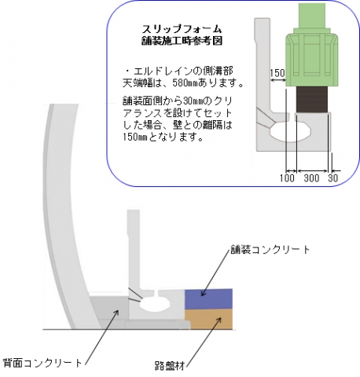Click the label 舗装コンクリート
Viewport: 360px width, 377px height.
(x=270, y=249)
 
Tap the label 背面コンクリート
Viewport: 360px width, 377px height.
(x=42, y=363)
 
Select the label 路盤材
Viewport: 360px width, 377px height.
(x=170, y=366)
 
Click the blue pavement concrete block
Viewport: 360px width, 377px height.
(x=208, y=298)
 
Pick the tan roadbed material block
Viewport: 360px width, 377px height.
(x=208, y=319)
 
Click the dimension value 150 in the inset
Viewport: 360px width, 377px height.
(x=277, y=72)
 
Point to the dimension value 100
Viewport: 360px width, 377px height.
(x=287, y=178)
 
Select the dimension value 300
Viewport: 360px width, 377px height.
(x=311, y=178)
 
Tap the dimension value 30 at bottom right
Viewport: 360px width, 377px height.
(x=333, y=178)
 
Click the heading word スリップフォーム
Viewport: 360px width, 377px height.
(x=182, y=28)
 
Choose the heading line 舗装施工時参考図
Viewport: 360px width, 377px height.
(x=182, y=41)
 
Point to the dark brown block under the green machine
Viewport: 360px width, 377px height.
(x=312, y=100)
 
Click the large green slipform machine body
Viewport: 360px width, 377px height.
(x=311, y=60)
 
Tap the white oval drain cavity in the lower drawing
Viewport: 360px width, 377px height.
(x=155, y=304)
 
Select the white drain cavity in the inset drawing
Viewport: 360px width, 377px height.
(x=290, y=132)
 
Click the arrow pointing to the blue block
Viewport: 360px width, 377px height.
(x=215, y=273)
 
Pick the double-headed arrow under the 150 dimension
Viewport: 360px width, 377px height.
(x=277, y=81)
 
